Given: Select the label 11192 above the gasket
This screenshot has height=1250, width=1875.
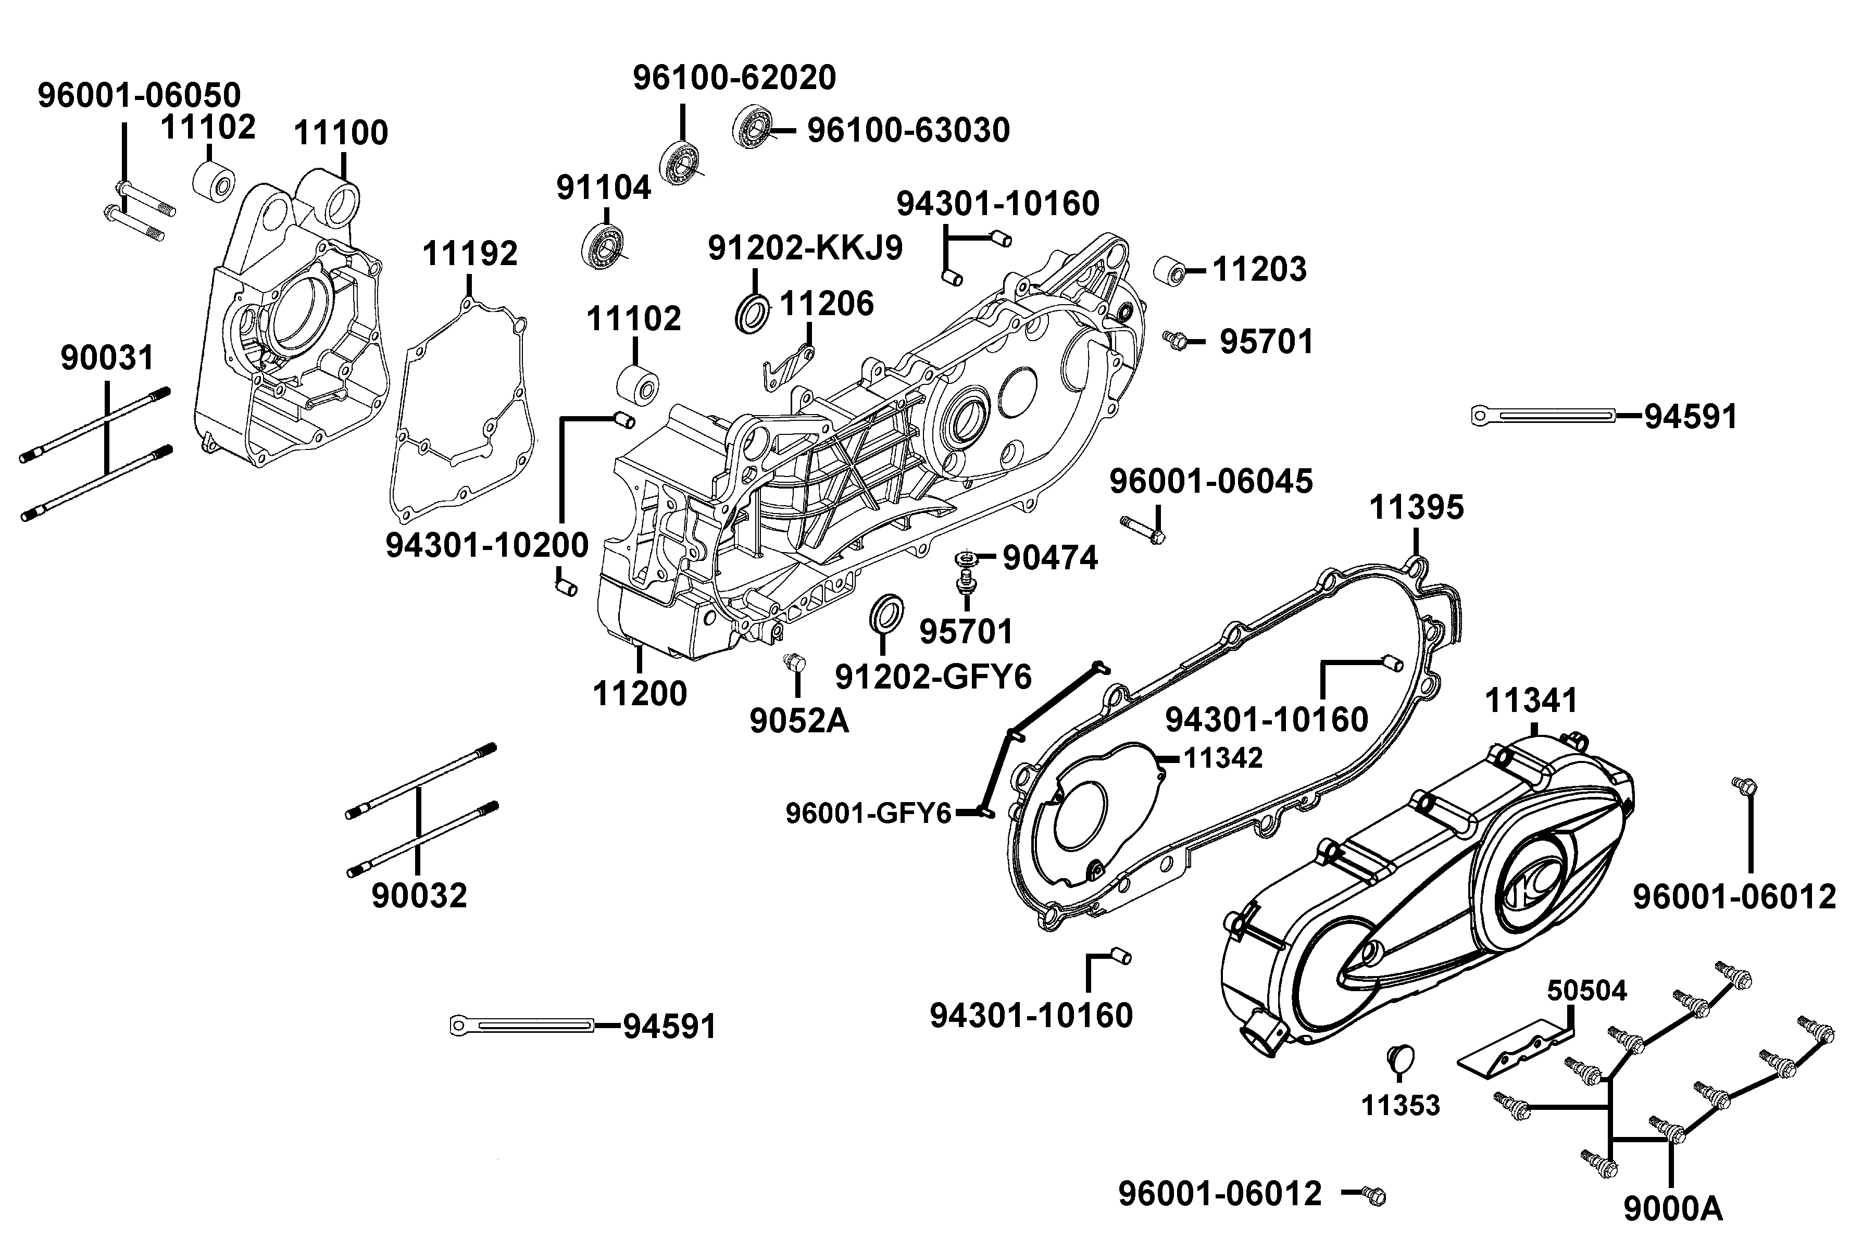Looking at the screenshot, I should (x=470, y=254).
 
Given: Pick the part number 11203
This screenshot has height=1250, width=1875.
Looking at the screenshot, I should (x=1259, y=269).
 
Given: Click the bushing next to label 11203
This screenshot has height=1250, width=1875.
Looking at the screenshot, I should (x=1169, y=271).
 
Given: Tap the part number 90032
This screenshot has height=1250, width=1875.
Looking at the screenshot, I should (x=419, y=896).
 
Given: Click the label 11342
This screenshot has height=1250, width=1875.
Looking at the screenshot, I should (x=1223, y=758).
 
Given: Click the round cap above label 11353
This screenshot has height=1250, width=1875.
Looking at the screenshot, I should (x=1401, y=1059).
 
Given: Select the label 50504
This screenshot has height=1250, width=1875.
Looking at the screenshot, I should (x=1586, y=991).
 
